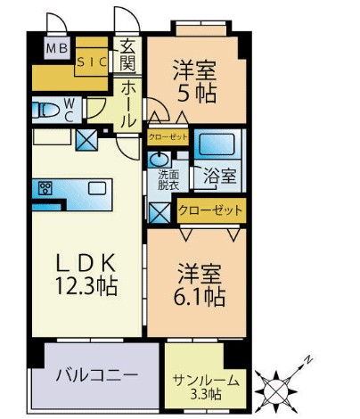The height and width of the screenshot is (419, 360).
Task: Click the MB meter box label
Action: click(x=57, y=48)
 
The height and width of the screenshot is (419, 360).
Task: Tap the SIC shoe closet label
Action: click(x=92, y=62)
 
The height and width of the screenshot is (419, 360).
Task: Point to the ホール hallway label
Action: click(x=129, y=105)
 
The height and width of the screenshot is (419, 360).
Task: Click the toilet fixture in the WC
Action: click(x=45, y=110)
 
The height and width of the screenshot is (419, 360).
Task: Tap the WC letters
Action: click(x=69, y=110)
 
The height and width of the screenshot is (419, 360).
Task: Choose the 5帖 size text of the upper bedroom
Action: click(x=197, y=94)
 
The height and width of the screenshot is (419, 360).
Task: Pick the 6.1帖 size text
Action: click(x=199, y=297)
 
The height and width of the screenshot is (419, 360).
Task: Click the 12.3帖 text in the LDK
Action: click(x=86, y=286)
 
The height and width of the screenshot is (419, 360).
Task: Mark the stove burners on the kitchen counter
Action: click(x=45, y=188)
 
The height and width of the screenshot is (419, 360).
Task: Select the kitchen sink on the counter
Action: click(x=97, y=188)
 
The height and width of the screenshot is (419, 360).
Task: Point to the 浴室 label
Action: click(x=220, y=177)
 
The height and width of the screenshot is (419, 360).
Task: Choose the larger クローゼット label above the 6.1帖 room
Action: click(x=210, y=210)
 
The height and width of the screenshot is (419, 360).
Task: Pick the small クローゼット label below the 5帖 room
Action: click(x=168, y=137)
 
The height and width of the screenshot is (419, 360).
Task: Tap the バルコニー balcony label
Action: click(x=97, y=375)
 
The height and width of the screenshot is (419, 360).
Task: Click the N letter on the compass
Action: click(x=308, y=360)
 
